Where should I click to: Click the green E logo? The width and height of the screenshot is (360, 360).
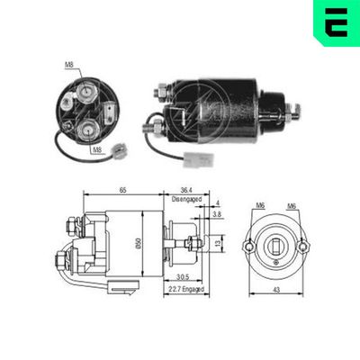(334, 23)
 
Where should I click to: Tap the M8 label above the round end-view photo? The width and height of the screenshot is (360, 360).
(69, 65)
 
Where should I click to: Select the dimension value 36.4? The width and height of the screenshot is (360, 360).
(186, 191)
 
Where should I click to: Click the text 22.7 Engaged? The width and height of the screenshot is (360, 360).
(184, 289)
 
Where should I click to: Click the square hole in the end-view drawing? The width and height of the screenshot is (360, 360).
(275, 241)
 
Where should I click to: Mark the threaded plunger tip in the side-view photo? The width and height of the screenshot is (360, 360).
(295, 112)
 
